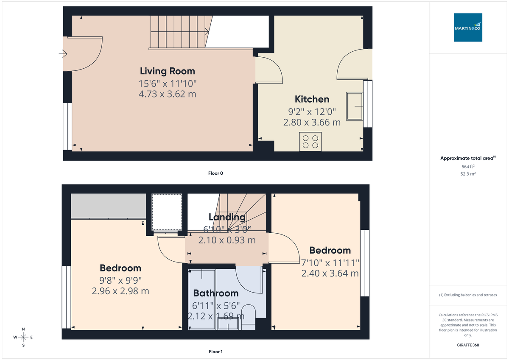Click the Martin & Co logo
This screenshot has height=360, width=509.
(468, 28)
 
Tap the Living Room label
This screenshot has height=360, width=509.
(168, 71)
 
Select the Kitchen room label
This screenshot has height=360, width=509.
(312, 99)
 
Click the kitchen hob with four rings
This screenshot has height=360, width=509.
(310, 142)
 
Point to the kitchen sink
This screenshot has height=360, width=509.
(355, 106)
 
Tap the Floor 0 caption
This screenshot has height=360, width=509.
(216, 173)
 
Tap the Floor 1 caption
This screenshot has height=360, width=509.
(216, 352)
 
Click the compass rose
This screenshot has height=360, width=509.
(23, 337)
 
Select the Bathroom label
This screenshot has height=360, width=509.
(216, 293)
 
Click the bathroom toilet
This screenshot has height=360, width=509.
(249, 318)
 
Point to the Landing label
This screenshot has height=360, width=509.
(227, 217)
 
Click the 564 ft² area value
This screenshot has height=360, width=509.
(468, 167)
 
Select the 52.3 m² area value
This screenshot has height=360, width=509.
(468, 174)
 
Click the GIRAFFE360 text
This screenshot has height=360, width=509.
(468, 345)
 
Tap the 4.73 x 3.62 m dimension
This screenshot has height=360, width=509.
(168, 94)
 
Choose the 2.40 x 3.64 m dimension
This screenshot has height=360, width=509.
(330, 273)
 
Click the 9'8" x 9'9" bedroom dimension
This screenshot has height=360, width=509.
(120, 280)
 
